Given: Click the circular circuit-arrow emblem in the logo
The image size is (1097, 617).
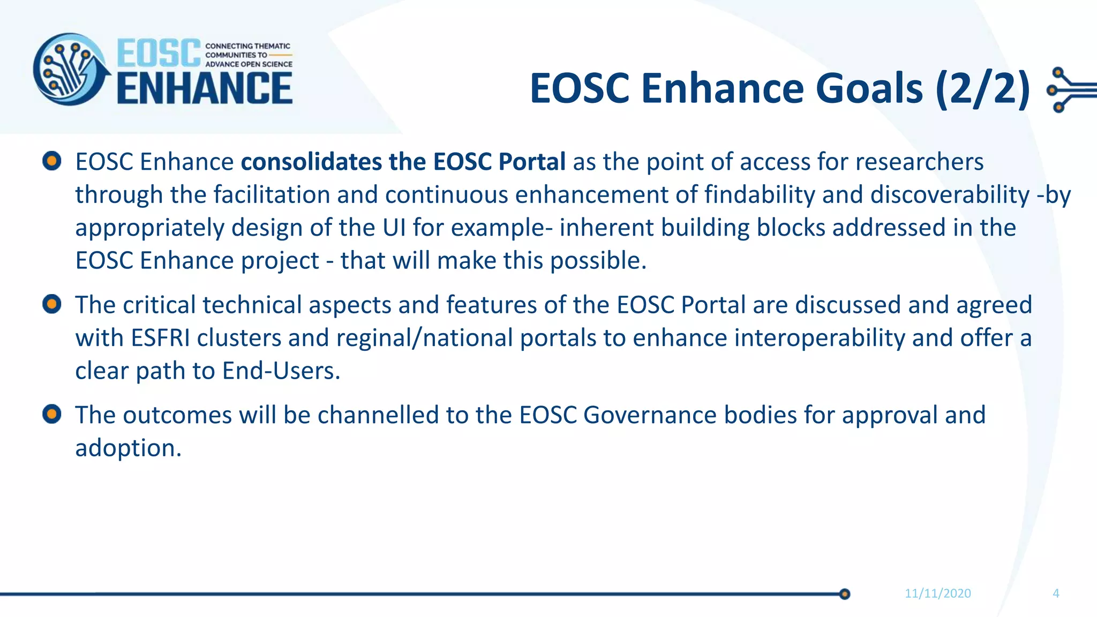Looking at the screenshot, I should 70,70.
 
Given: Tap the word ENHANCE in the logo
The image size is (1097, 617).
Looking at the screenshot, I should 205,89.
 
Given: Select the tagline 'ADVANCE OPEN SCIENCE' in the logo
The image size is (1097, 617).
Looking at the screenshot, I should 249,64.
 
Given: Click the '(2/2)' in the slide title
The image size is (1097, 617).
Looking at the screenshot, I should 982,88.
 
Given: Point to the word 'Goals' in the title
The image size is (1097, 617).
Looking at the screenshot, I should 870,88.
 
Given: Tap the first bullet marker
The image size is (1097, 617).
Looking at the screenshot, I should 52,161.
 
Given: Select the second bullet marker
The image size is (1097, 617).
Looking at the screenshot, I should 52,304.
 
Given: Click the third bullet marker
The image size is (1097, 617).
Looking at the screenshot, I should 52,414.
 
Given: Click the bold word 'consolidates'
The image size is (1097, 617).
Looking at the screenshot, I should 311,162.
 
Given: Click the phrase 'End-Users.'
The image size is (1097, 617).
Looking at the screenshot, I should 281,371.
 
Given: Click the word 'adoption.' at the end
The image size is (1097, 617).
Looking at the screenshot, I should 128,448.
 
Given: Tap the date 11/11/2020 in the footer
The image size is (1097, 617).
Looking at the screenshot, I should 937,593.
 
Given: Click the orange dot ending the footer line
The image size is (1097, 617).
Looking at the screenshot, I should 845,594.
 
